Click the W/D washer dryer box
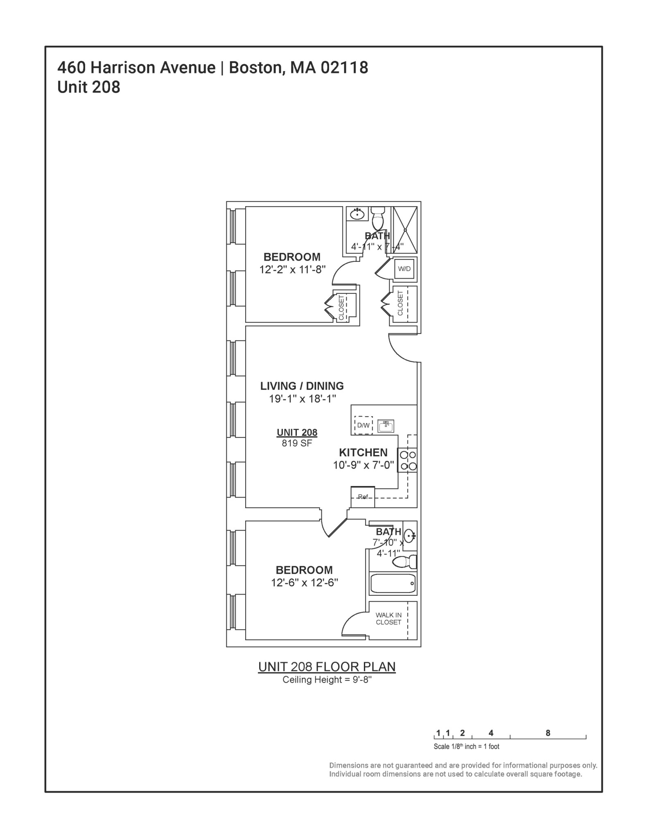click(x=404, y=269)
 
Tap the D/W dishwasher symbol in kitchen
click(x=363, y=425)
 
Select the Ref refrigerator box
click(x=363, y=497)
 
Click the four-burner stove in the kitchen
click(x=408, y=460)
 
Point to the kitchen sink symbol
click(x=386, y=426)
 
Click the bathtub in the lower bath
click(x=393, y=583)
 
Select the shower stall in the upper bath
click(x=405, y=230)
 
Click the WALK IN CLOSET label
click(x=388, y=618)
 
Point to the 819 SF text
click(x=297, y=443)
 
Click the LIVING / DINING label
click(x=302, y=386)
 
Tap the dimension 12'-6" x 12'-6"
click(x=304, y=583)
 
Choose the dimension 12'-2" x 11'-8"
click(x=292, y=270)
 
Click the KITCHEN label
click(x=363, y=453)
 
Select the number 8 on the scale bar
click(x=548, y=733)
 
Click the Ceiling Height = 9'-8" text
click(x=327, y=680)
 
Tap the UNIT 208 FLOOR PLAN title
click(x=327, y=667)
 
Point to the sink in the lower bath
click(x=409, y=535)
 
